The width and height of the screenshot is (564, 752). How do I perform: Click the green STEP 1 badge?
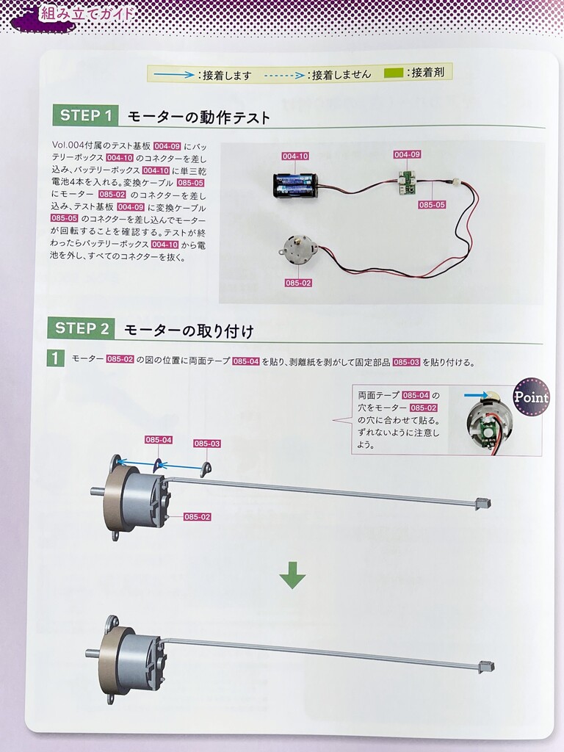point(84,115)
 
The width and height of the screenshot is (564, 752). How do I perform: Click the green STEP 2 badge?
point(81,328)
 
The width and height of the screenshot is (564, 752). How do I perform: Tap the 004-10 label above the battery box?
point(295,156)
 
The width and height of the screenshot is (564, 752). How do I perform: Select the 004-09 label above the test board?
point(407,154)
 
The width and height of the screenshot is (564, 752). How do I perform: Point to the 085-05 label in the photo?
point(432,205)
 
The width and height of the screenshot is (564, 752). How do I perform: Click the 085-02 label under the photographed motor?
point(298,283)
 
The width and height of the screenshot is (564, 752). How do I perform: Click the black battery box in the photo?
point(294,186)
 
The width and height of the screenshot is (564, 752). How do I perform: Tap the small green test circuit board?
point(408,182)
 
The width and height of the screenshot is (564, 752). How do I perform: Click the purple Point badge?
point(530,397)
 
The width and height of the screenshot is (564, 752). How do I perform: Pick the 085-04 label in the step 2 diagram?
point(159,440)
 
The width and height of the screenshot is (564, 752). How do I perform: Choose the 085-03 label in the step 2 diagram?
point(207,444)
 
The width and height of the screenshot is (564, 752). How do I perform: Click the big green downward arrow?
point(292,575)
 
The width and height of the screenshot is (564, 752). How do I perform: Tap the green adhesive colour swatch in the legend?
point(393,73)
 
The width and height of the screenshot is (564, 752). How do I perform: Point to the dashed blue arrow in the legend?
point(285,75)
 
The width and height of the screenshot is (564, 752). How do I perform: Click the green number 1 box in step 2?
point(55,358)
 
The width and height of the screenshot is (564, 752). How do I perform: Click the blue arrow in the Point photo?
point(475,395)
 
